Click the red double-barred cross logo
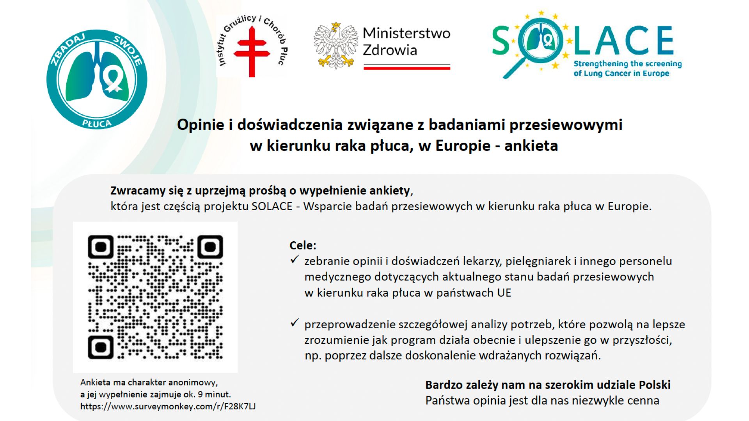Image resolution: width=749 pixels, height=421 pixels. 252,52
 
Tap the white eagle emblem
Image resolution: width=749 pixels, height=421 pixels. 336,46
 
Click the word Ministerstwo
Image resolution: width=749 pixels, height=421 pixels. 406,34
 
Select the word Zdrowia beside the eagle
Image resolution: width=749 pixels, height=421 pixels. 390,50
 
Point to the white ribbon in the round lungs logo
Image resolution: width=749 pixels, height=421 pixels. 114,78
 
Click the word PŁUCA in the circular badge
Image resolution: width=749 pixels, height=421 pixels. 97,123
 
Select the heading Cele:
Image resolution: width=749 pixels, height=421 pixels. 303,246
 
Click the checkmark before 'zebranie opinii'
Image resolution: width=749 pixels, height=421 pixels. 295,260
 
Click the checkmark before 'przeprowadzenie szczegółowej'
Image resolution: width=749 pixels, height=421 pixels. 295,323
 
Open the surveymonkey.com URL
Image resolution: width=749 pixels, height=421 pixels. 168,406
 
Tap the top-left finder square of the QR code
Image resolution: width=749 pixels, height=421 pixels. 101,247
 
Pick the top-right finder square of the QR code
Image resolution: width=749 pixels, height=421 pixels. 210,247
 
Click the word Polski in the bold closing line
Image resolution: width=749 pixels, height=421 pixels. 655,385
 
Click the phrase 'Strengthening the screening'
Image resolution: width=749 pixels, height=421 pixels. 628,64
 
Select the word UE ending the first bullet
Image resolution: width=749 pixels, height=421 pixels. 504,293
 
